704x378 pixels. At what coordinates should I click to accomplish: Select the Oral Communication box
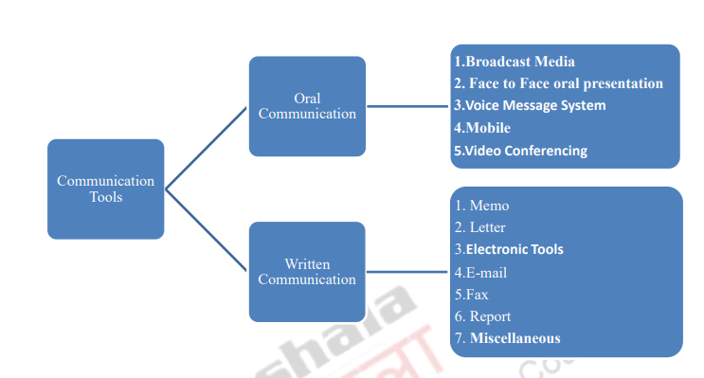click(x=307, y=106)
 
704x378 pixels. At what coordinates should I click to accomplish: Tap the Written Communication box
click(x=307, y=271)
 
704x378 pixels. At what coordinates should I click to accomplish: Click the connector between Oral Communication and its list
click(x=407, y=106)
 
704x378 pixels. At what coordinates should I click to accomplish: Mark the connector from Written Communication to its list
click(x=407, y=272)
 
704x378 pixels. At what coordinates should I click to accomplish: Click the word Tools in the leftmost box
click(x=106, y=197)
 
